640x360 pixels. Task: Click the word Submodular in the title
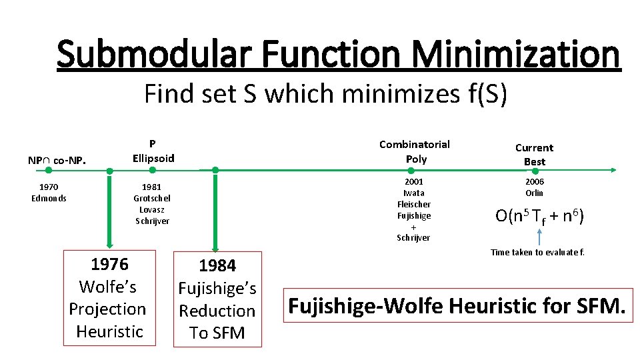pyautogui.click(x=154, y=53)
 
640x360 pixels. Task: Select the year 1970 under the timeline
pyautogui.click(x=49, y=187)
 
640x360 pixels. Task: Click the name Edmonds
pyautogui.click(x=49, y=199)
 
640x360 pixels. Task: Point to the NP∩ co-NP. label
pyautogui.click(x=57, y=161)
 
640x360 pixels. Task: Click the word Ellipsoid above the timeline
pyautogui.click(x=153, y=159)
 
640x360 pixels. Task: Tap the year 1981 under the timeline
pyautogui.click(x=151, y=187)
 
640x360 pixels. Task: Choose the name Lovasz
pyautogui.click(x=152, y=210)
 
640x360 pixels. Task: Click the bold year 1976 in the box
pyautogui.click(x=109, y=265)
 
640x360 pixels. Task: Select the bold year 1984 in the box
pyautogui.click(x=217, y=266)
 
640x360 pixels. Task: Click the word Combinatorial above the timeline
pyautogui.click(x=414, y=145)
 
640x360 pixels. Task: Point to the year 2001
pyautogui.click(x=414, y=181)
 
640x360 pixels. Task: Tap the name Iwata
pyautogui.click(x=414, y=193)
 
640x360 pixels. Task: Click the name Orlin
pyautogui.click(x=534, y=193)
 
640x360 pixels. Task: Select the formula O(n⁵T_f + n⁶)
pyautogui.click(x=539, y=216)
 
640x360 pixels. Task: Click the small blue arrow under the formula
pyautogui.click(x=539, y=237)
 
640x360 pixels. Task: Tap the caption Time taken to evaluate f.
pyautogui.click(x=537, y=252)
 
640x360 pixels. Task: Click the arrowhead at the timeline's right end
pyautogui.click(x=613, y=170)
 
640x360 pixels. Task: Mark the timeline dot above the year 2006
pyautogui.click(x=535, y=171)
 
